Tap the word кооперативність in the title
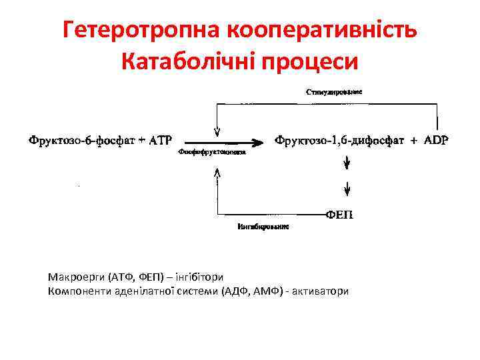[323, 31]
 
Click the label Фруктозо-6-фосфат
[79, 141]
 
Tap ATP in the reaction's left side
[160, 141]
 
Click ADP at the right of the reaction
[436, 141]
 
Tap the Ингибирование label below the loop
[263, 227]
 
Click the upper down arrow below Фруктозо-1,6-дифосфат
[347, 163]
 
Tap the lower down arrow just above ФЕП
[347, 191]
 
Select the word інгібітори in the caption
[199, 277]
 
